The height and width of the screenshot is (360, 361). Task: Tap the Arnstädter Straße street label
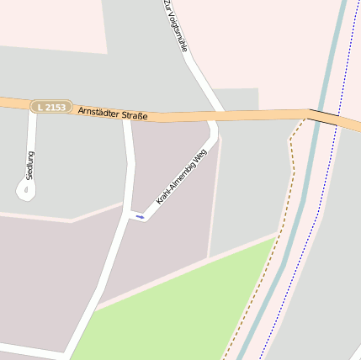(x=111, y=111)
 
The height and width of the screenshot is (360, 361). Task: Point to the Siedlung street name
(x=31, y=165)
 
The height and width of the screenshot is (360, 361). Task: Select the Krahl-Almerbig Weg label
(x=181, y=177)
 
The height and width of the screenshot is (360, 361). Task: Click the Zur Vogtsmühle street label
(x=175, y=25)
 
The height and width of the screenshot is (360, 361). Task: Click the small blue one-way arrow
(x=140, y=217)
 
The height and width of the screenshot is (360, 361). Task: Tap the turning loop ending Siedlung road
(x=26, y=191)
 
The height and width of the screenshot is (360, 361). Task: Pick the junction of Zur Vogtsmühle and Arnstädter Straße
(x=218, y=114)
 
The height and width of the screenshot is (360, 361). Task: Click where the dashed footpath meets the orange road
(x=303, y=119)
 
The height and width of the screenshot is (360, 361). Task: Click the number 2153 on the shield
(x=56, y=107)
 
